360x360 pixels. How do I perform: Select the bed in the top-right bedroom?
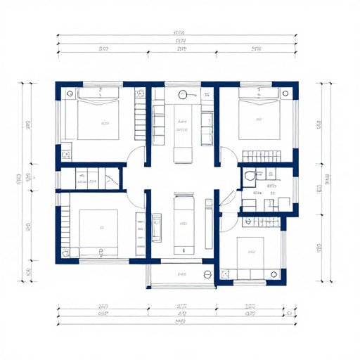pyautogui.click(x=259, y=117)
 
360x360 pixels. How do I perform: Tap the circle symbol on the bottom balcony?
pyautogui.click(x=208, y=274)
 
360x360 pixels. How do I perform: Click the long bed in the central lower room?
pyautogui.click(x=183, y=224)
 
